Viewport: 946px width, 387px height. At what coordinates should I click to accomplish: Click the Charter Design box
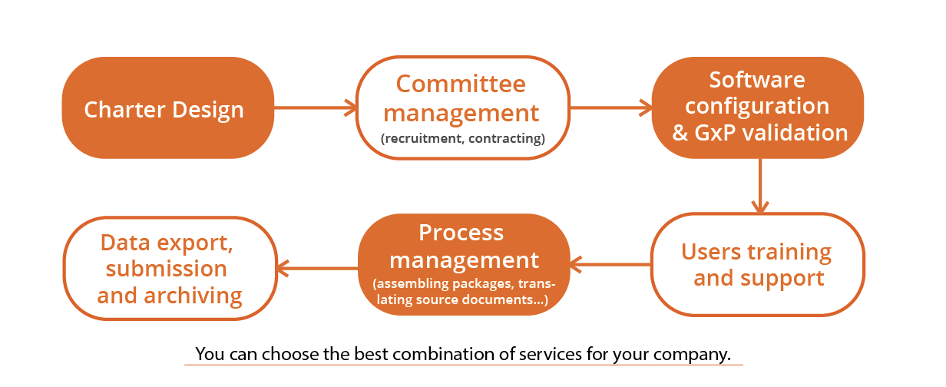click(167, 108)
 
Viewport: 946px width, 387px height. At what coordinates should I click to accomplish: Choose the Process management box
click(463, 264)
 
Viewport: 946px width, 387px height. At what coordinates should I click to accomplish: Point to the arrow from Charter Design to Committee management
click(315, 108)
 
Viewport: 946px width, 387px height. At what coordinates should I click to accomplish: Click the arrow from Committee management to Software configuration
click(610, 108)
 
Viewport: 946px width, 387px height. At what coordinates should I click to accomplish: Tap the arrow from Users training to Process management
click(610, 266)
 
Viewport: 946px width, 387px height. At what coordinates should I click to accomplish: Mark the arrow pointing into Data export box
click(317, 267)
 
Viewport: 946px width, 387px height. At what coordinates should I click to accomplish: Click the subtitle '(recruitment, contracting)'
click(462, 139)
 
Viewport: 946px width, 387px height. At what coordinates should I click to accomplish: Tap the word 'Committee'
click(461, 84)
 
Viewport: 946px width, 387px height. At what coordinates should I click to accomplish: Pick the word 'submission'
click(167, 269)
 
